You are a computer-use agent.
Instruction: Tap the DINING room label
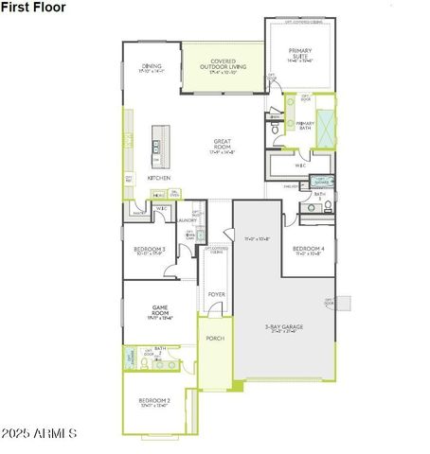[152, 67]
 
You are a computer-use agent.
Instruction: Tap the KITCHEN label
[158, 177]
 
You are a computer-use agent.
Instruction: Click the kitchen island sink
[156, 147]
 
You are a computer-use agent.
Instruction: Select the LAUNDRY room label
[188, 220]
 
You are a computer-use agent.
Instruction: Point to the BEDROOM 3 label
[151, 250]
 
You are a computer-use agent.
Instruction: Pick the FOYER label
[216, 294]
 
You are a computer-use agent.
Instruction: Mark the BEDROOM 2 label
[154, 402]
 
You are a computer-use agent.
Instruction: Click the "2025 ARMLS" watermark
[41, 434]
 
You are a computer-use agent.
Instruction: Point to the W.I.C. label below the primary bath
[299, 166]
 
